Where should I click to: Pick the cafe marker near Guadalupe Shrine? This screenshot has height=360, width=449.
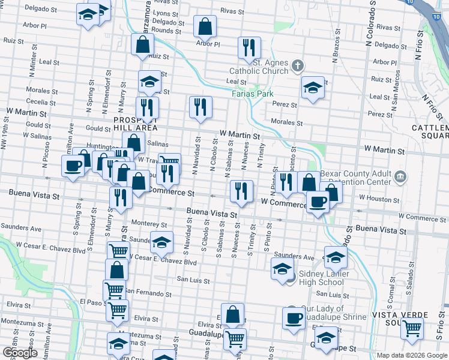coord(294,316)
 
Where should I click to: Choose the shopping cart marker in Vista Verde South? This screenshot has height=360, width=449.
coord(412,328)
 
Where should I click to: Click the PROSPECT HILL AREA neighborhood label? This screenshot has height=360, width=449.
coord(136,124)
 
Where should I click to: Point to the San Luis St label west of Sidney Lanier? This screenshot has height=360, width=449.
coord(193,280)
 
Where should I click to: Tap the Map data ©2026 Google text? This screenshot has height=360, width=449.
coord(411,355)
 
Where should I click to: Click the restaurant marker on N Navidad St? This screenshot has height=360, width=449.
coord(200,107)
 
